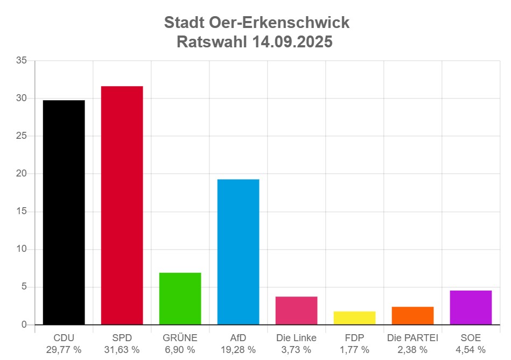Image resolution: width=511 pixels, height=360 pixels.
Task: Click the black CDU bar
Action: tap(64, 212)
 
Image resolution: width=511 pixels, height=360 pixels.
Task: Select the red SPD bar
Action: tap(122, 205)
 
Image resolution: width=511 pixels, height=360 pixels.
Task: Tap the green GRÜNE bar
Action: tap(180, 298)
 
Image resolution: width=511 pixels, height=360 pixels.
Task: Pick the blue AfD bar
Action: tap(239, 251)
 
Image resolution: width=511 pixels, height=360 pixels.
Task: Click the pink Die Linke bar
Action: tap(297, 310)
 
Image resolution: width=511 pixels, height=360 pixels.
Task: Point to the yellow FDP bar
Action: tap(355, 318)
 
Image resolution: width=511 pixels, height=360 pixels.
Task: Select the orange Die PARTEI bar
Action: tap(412, 315)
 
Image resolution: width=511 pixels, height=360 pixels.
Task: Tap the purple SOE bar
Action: tap(471, 307)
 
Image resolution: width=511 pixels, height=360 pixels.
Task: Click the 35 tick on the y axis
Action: tap(22, 61)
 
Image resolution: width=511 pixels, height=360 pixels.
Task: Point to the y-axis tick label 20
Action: tap(22, 174)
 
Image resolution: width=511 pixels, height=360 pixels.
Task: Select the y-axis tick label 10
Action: tap(22, 249)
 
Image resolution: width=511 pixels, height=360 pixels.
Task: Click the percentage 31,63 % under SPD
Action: tap(122, 350)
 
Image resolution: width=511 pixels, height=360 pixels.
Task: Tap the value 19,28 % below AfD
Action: tap(238, 350)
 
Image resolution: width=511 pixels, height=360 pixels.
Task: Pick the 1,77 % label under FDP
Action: tap(354, 350)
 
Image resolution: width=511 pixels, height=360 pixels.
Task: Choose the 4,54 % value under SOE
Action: tap(471, 350)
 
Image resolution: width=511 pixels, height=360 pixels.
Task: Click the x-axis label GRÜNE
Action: tap(180, 338)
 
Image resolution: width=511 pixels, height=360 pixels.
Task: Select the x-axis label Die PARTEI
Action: tap(412, 338)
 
